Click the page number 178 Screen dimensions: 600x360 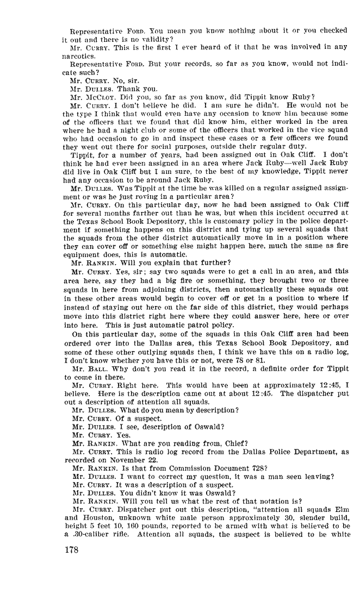pyautogui.click(x=71, y=550)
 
